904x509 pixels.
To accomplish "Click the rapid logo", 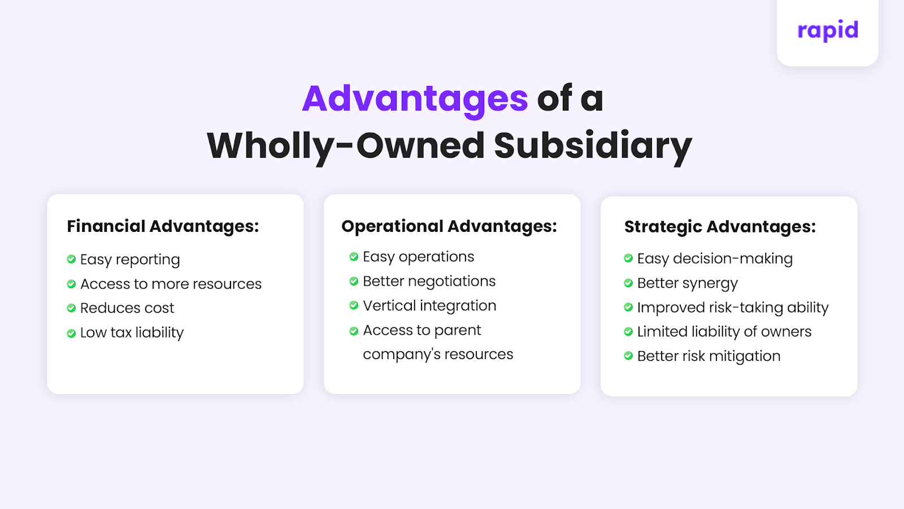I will tap(828, 31).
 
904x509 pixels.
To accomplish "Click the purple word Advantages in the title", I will tap(415, 99).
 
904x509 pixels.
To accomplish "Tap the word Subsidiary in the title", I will tap(593, 146).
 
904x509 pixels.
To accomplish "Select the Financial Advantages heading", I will tap(163, 226).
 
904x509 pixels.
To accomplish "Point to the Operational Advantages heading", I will tap(449, 226).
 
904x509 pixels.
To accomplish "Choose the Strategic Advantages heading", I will tap(720, 227).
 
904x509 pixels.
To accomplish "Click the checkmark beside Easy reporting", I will tap(71, 260).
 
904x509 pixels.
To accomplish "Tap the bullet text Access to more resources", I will tap(171, 284).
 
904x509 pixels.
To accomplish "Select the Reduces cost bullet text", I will tap(127, 308).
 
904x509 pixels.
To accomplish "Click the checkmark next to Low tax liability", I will tap(71, 333).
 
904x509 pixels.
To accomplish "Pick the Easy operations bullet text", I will tap(419, 257).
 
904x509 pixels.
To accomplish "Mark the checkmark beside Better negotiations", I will tap(354, 282).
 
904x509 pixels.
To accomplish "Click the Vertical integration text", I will tap(429, 306).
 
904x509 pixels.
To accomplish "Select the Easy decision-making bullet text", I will tap(715, 258).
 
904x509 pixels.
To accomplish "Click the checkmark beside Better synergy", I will tap(628, 283).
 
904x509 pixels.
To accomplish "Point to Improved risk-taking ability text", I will tap(733, 308).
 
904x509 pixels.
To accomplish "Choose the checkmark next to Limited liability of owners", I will tap(628, 332).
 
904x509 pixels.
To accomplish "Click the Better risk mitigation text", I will tap(709, 356).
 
